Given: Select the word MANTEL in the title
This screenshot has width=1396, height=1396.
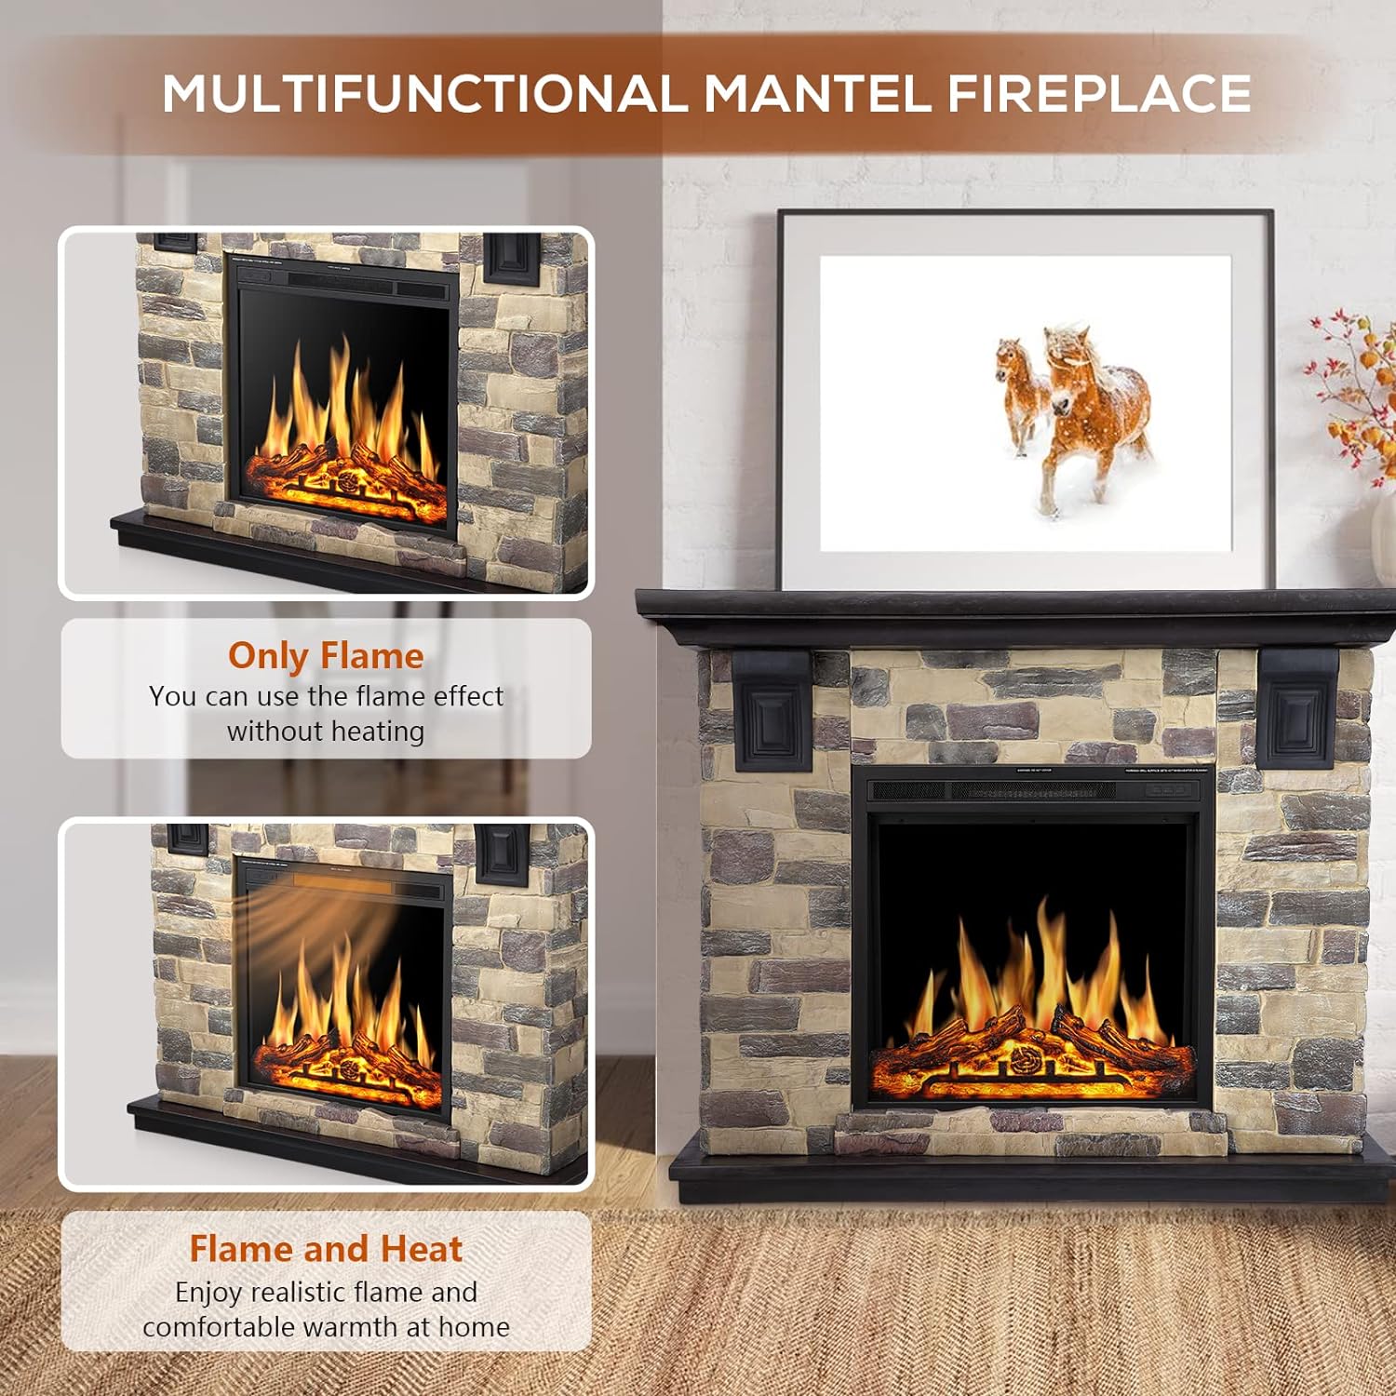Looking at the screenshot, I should point(816,94).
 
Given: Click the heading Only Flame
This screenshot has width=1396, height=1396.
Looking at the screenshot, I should point(326,656).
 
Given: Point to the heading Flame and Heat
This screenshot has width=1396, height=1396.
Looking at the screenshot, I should point(326,1249).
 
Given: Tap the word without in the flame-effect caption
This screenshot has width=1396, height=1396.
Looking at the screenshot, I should point(269,732).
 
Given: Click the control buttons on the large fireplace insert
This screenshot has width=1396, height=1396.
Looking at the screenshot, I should point(1170,790).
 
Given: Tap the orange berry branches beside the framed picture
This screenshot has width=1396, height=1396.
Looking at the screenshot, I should point(1359,391).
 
